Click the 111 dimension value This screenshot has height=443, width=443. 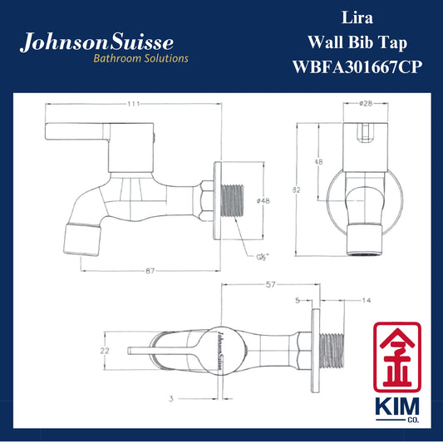[133, 104]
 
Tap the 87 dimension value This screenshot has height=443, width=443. [150, 271]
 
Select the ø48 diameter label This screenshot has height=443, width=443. [263, 201]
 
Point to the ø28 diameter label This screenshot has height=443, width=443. [366, 103]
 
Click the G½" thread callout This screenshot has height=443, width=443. [263, 257]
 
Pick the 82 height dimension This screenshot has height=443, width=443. [297, 190]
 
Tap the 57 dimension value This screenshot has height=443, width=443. [270, 284]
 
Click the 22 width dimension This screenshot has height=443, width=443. [105, 351]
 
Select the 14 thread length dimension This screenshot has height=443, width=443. [367, 300]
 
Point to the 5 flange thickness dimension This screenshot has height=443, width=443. [298, 300]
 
